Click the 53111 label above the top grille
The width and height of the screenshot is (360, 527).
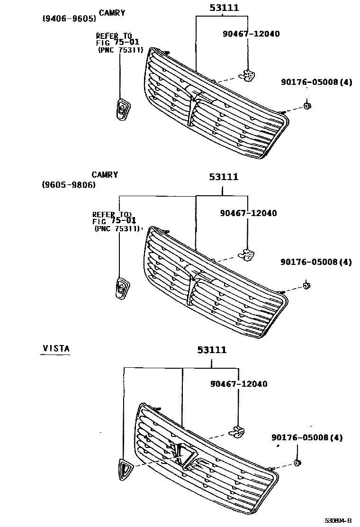(224, 8)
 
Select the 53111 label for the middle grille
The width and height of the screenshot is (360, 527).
(224, 177)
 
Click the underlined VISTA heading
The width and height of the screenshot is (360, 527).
(56, 348)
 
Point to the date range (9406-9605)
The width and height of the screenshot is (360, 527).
(69, 19)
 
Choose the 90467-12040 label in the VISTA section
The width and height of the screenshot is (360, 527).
(238, 383)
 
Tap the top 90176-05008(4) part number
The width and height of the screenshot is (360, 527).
(316, 82)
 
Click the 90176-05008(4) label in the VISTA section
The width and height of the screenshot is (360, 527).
(307, 437)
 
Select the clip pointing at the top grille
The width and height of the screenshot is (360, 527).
(248, 73)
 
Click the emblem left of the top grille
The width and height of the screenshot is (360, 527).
(123, 110)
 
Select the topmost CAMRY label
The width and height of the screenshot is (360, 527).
(112, 13)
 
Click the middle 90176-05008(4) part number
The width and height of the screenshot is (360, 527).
(316, 262)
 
